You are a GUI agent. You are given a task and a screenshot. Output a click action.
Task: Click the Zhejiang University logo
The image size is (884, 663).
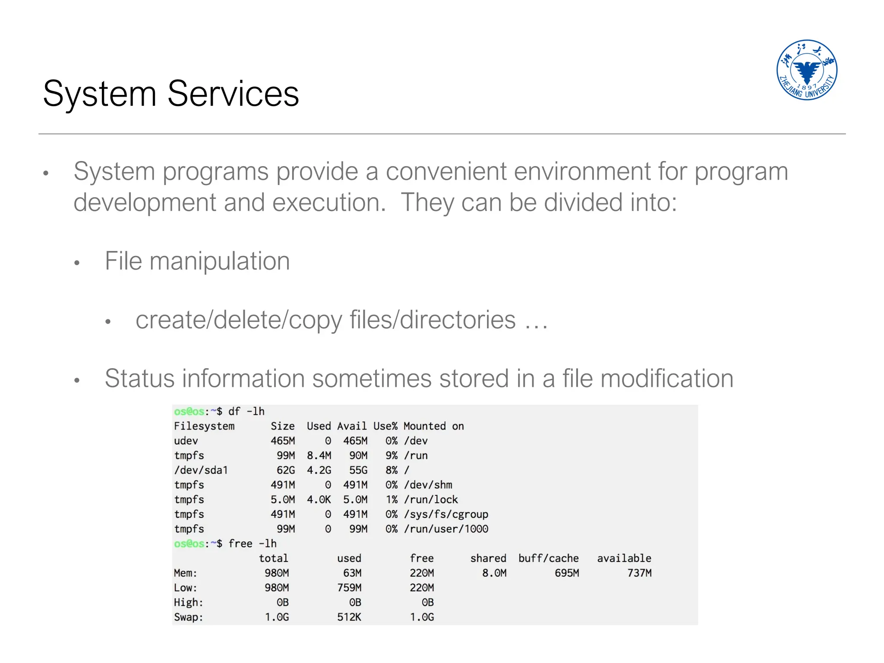[806, 70]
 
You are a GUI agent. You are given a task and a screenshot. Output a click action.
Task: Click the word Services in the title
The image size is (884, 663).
[233, 94]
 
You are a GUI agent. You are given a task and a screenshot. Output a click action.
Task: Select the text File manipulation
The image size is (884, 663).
[197, 261]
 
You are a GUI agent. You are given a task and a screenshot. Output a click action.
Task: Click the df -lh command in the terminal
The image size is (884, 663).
[246, 411]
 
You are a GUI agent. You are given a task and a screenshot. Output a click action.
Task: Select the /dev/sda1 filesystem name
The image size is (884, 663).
[201, 470]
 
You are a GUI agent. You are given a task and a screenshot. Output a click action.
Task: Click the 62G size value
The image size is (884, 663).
[286, 470]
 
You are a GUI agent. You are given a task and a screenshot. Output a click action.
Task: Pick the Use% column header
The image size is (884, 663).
[385, 426]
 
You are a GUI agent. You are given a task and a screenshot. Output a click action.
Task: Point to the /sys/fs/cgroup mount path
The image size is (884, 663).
[446, 514]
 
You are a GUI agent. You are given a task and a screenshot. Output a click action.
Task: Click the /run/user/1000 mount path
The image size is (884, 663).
[446, 529]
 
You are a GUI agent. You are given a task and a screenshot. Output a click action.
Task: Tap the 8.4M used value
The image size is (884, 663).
[319, 455]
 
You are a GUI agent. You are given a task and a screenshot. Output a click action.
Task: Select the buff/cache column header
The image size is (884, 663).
[548, 558]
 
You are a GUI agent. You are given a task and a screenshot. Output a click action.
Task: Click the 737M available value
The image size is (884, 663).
[639, 573]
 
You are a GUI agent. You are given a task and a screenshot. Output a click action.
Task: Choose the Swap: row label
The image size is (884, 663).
[188, 617]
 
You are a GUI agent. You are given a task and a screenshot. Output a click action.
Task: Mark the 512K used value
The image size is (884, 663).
[349, 617]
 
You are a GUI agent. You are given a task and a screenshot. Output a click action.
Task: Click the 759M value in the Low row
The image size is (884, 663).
[349, 587]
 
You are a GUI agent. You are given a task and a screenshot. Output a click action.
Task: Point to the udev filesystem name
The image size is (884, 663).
[186, 441]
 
